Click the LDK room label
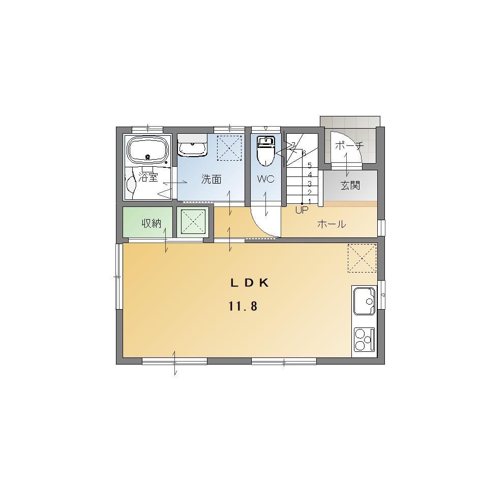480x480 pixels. coord(250,283)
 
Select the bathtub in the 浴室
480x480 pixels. coord(148,149)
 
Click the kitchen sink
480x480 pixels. coord(364,301)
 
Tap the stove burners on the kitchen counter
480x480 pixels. coord(364,340)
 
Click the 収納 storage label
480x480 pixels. coord(151,223)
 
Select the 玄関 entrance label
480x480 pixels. coord(350,186)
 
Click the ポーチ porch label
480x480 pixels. coord(349,145)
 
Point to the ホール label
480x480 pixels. coord(332,224)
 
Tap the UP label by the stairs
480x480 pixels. coord(302,210)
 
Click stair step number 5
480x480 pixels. coord(310,166)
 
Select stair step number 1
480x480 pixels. coord(310,201)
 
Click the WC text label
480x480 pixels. coord(266,179)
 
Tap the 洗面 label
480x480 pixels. coord(211,179)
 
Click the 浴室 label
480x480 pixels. coord(148,177)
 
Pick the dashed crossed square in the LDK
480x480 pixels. coord(362,258)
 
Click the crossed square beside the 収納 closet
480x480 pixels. coord(193,222)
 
